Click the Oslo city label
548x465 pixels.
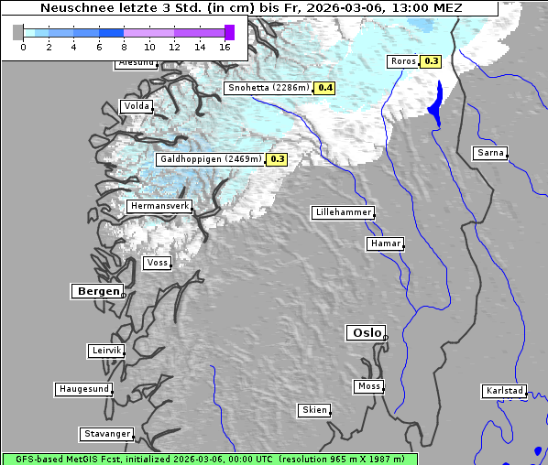(x=366, y=332)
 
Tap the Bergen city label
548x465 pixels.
(x=96, y=291)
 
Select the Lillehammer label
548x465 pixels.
(x=343, y=212)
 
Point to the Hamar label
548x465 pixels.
(x=384, y=243)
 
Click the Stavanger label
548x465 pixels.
(x=106, y=434)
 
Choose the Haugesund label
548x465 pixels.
(x=83, y=389)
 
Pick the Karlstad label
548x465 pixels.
(x=504, y=391)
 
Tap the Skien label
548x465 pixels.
(x=313, y=410)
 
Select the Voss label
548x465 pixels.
(x=157, y=263)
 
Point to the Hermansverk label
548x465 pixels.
(x=159, y=206)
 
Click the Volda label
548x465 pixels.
(x=135, y=106)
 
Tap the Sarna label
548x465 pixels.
(x=489, y=152)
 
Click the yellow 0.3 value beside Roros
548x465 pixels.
(x=431, y=61)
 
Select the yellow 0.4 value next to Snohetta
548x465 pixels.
(x=325, y=88)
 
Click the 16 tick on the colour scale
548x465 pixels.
(x=225, y=47)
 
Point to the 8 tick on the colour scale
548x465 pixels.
(x=124, y=47)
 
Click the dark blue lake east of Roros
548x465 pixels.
(x=436, y=103)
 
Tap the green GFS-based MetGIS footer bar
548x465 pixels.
(x=209, y=459)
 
